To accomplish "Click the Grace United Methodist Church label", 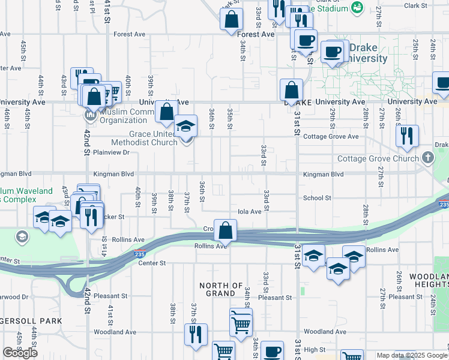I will pos(144,138).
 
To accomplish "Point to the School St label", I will pos(317,198).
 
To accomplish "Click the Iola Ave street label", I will pos(250,211).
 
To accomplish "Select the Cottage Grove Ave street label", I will pos(331,137).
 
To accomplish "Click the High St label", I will pos(314,349).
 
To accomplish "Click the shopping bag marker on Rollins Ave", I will pos(225,231).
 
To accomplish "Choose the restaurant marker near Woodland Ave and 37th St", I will pos(195,335).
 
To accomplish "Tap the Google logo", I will pos(20,353).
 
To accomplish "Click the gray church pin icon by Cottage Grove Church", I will pos(427,158).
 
